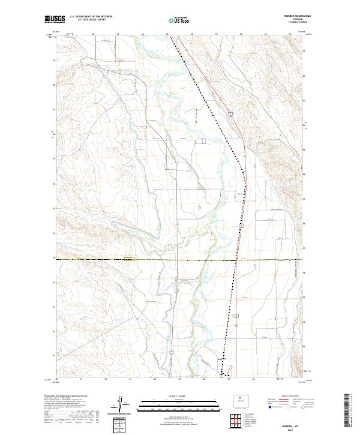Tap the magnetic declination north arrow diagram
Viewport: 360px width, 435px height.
(123, 403)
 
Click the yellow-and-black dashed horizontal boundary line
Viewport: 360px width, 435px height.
(150, 260)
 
